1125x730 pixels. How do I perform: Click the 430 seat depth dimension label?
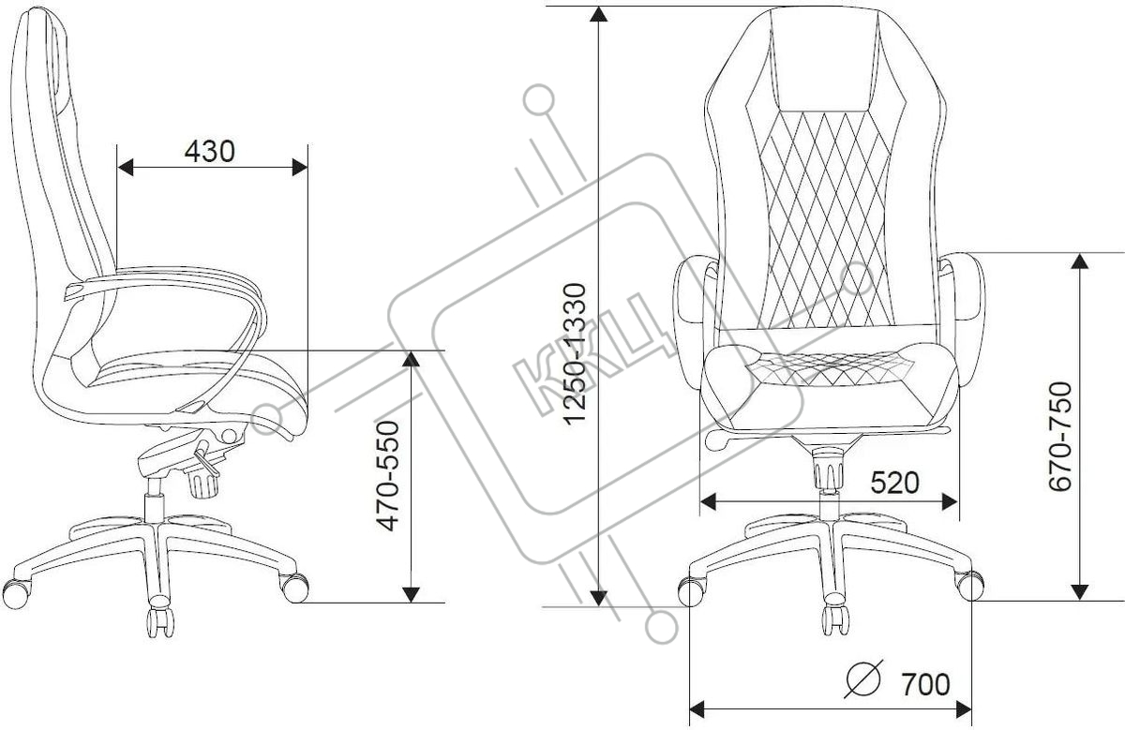coord(209,151)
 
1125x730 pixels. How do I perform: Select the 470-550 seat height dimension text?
coord(388,475)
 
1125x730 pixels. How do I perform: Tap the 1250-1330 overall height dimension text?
coord(575,354)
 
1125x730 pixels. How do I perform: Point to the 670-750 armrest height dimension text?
coord(1060,436)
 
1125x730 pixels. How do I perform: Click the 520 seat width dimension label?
coord(894,483)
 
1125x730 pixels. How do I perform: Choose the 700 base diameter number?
coord(925,684)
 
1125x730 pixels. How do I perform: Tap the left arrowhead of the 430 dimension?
coord(125,167)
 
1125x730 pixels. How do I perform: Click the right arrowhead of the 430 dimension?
coord(300,167)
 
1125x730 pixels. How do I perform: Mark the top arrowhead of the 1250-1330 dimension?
coord(598,14)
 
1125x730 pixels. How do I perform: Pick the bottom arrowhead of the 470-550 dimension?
coord(412,594)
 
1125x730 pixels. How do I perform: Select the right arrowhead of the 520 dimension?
coord(950,501)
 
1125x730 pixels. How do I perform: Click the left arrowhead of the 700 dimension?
coord(697,710)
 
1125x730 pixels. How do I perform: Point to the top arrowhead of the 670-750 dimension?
coord(1080,261)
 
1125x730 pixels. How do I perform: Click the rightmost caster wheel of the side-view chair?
coord(294,588)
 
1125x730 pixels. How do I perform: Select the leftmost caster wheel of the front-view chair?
coord(691,592)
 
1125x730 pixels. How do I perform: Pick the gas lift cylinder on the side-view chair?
coord(154,500)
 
